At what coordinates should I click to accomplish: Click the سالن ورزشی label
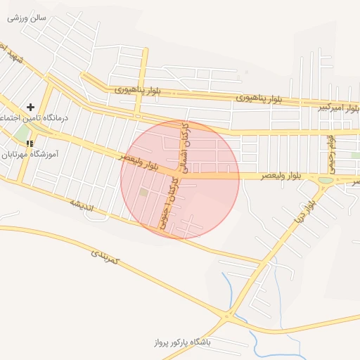tap(27, 17)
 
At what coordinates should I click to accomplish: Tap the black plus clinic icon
tap(30, 107)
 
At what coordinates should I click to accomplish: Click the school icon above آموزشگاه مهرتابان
tap(30, 143)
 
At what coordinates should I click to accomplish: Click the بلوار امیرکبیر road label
tap(341, 108)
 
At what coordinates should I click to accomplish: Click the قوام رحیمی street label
tap(330, 153)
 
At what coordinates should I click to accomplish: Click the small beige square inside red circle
tap(143, 192)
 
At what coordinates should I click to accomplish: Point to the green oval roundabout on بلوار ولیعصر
tap(325, 181)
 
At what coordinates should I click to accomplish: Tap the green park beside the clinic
tap(22, 132)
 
